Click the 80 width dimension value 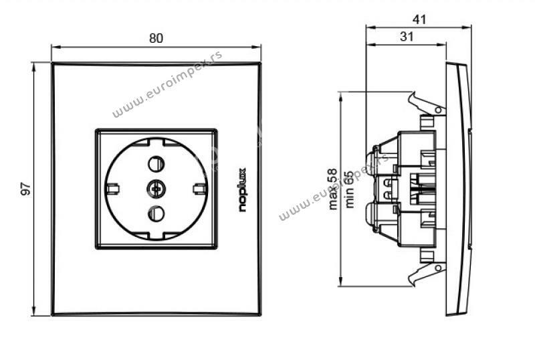(156, 38)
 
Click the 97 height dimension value (26, 189)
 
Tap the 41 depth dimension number (419, 19)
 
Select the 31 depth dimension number (407, 37)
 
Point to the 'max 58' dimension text (332, 189)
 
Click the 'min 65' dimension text (349, 189)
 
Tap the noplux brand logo (242, 190)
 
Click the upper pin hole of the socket (156, 164)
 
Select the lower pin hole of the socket (156, 213)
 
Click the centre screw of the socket (156, 189)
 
